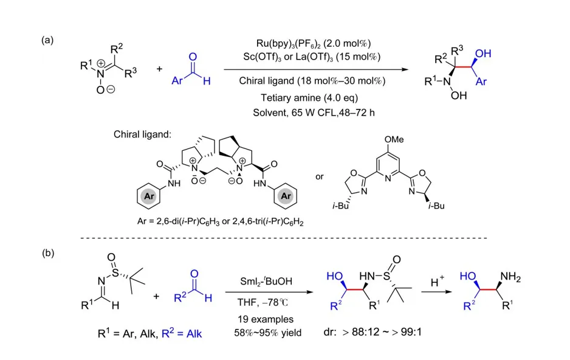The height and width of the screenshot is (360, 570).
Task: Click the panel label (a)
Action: [48, 40]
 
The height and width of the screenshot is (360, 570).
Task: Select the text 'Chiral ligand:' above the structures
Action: [140, 134]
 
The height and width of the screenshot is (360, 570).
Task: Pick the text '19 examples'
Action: [264, 319]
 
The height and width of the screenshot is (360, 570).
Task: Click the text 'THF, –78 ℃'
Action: [264, 302]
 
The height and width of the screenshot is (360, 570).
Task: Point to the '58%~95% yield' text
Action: [264, 333]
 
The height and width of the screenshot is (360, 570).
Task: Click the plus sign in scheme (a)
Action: [159, 69]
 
